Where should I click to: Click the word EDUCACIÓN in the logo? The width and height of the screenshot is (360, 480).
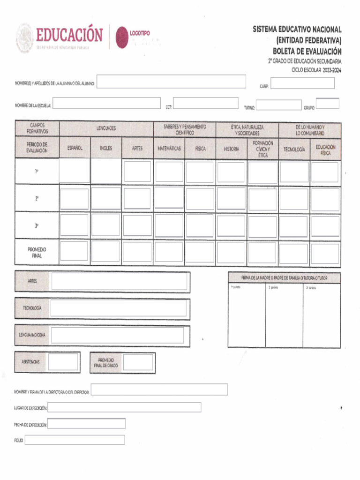(69, 36)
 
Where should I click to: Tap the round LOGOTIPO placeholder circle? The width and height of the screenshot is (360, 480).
(122, 37)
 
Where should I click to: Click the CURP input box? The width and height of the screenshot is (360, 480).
(303, 83)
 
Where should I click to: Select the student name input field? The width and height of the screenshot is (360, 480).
(171, 82)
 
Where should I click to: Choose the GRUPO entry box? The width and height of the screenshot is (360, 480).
(327, 104)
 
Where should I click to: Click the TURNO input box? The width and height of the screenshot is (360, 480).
(278, 105)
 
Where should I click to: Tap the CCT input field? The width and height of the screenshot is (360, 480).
(206, 104)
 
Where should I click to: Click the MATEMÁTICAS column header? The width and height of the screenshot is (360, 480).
(169, 149)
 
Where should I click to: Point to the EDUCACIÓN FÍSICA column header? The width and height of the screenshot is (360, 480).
(325, 150)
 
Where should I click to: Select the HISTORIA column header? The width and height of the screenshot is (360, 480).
(231, 149)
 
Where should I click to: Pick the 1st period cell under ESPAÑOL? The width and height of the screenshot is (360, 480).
(75, 172)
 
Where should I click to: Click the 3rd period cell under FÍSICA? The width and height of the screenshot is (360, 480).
(200, 225)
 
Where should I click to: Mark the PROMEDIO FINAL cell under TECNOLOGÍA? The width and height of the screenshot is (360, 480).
(294, 252)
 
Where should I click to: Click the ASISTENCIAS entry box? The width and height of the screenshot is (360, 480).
(63, 362)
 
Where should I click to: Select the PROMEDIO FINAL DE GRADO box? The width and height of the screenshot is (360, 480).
(138, 362)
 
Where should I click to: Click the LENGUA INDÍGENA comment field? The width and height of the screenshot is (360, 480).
(118, 336)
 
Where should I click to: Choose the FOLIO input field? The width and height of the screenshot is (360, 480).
(75, 440)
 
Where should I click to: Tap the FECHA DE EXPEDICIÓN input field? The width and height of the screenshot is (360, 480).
(87, 424)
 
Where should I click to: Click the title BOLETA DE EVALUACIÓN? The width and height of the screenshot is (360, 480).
(307, 52)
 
